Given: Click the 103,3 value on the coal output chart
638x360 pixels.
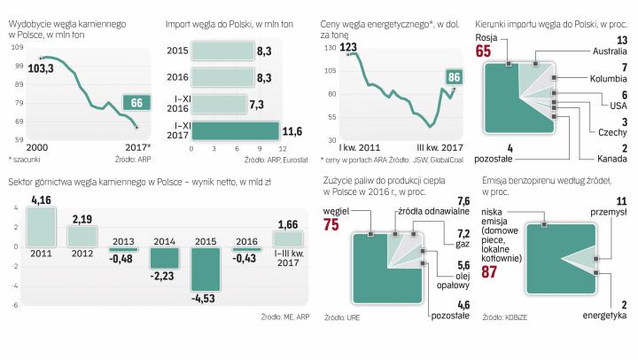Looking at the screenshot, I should [x=40, y=67].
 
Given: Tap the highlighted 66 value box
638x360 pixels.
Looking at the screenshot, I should [x=136, y=103].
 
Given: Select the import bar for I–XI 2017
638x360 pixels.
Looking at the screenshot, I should [x=235, y=131].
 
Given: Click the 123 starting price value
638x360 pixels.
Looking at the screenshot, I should [x=350, y=45].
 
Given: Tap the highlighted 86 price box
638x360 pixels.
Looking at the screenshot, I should [x=454, y=77].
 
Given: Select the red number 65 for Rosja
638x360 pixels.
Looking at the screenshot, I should [x=483, y=51].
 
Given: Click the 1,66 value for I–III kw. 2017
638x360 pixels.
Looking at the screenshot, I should [x=288, y=226].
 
